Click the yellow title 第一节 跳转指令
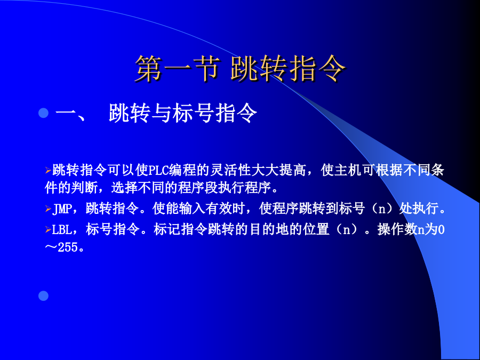(x=241, y=69)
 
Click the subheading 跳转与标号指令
(x=183, y=113)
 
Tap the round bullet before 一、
(x=44, y=113)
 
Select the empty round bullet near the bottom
(x=44, y=295)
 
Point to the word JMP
(x=62, y=209)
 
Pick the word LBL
(x=62, y=229)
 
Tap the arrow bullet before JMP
(x=48, y=209)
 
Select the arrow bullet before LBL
(x=48, y=229)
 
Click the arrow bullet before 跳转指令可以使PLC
(x=48, y=170)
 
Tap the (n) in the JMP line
(x=382, y=209)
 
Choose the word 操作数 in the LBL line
(x=397, y=229)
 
